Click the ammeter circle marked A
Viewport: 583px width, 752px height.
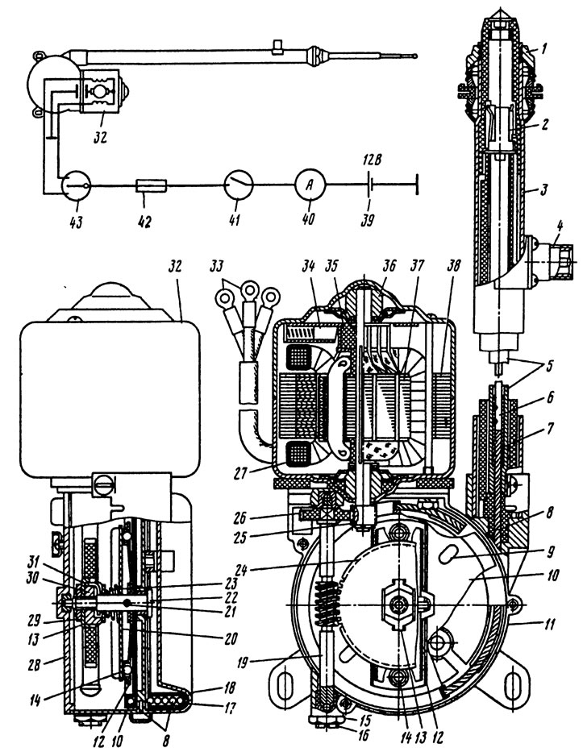click(310, 185)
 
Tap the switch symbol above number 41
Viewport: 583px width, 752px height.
click(239, 185)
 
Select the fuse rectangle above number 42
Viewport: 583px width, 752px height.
click(152, 185)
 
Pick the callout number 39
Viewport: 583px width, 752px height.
click(368, 220)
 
